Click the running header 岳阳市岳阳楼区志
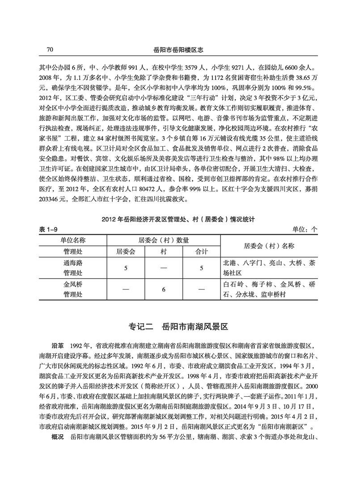tap(180, 49)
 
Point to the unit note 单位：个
tap(305, 230)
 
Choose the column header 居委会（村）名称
tap(269, 246)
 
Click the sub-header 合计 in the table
tap(201, 252)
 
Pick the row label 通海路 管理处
tap(73, 268)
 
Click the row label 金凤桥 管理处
tap(73, 290)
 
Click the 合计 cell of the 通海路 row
tap(201, 269)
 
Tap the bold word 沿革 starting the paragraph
tap(59, 346)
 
